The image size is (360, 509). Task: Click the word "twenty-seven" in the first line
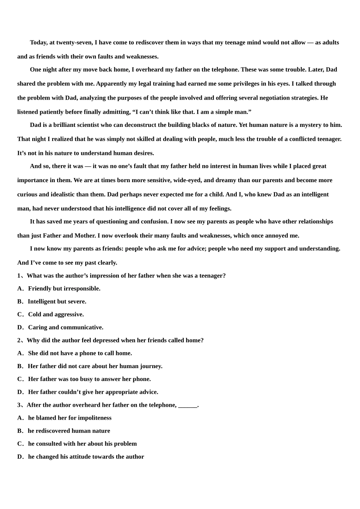pos(74,42)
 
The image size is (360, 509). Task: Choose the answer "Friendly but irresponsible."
pos(64,289)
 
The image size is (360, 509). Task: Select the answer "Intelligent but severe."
pos(57,301)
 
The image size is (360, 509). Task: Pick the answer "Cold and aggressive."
pos(56,314)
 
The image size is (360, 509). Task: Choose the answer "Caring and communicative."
pos(66,327)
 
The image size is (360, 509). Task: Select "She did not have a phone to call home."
pos(80,353)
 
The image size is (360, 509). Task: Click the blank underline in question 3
pos(188,406)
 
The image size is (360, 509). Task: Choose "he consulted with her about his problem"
pos(82,444)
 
